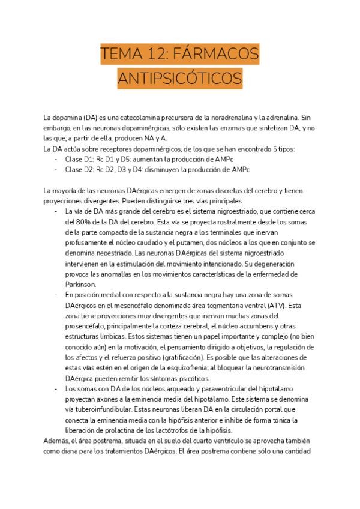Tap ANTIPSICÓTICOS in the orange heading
coord(180,79)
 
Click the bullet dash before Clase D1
coord(56,159)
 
